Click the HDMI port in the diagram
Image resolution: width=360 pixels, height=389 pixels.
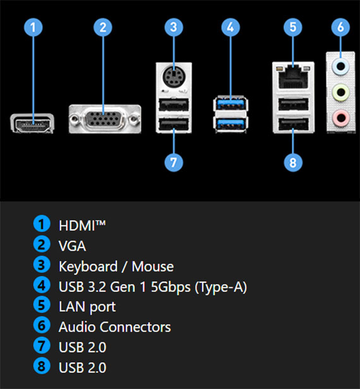32,124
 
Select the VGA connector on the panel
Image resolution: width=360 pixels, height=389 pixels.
105,119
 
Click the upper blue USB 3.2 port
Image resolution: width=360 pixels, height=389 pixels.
231,104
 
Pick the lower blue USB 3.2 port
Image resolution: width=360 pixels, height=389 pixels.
231,124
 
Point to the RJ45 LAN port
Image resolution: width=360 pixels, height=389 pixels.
293,76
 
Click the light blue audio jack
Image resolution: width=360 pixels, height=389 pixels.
341,66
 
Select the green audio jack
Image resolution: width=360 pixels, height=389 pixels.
341,92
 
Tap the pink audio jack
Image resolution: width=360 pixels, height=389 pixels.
341,117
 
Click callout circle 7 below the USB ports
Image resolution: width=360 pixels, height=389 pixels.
174,162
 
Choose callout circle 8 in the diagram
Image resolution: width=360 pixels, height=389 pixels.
293,162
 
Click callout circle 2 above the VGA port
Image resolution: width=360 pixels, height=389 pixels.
103,27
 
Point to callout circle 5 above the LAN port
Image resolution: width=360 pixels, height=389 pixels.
293,27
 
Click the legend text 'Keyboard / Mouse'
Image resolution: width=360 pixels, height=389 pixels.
116,266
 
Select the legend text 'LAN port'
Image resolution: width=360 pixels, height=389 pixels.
87,307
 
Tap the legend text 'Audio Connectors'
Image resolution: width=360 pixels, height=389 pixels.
114,327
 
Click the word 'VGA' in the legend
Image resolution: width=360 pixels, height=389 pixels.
72,246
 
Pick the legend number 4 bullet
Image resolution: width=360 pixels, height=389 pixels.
42,285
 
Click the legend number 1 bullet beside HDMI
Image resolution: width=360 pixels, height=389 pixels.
42,224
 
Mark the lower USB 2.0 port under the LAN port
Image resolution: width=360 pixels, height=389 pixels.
294,124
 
